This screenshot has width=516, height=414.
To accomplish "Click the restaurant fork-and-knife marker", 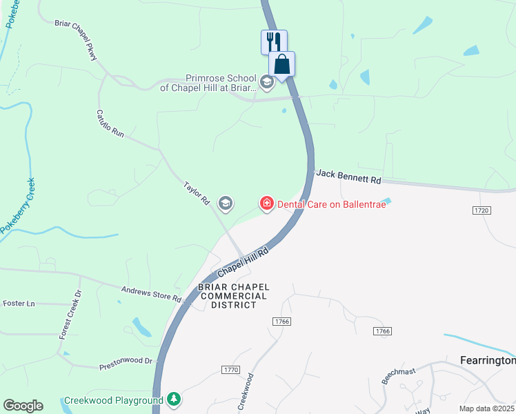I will (274, 41).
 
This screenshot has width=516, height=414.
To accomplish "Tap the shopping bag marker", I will (281, 63).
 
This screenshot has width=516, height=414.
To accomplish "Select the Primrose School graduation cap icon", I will (266, 83).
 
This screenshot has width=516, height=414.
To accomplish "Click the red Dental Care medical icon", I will (266, 204).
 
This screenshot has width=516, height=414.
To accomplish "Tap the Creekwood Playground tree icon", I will (175, 400).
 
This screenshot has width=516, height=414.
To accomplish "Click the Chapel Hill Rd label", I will (242, 262).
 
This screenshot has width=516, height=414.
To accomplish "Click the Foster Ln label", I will (19, 303).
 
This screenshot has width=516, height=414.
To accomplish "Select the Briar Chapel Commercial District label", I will (233, 296).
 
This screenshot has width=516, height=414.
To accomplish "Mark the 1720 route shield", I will (482, 209).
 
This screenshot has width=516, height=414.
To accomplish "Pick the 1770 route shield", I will (230, 371).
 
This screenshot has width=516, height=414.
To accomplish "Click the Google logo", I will (23, 406).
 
